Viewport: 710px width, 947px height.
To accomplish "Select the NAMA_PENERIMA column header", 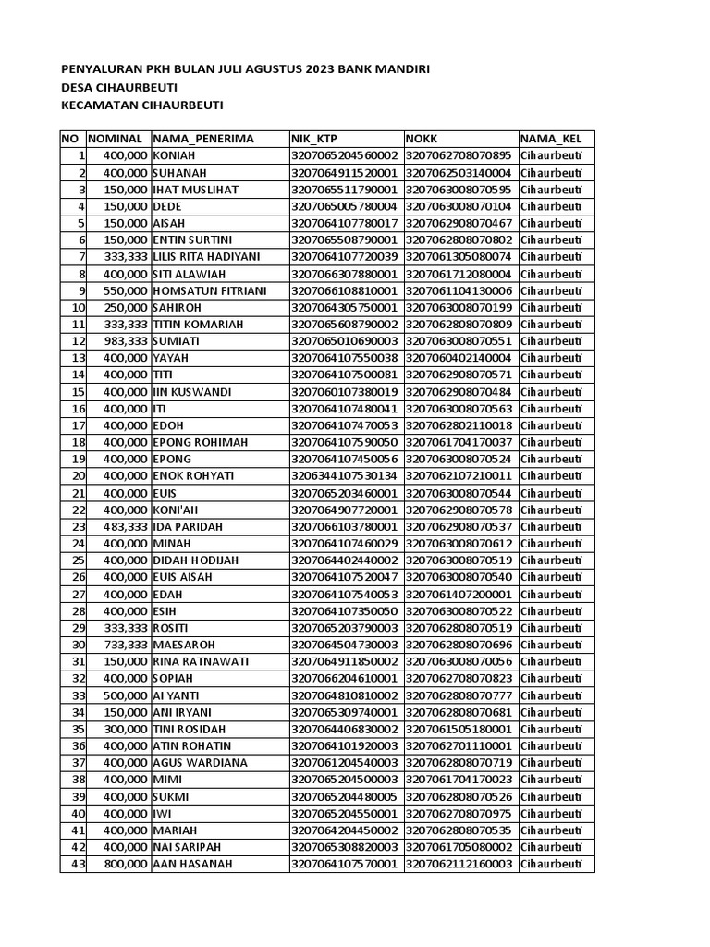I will coord(203,139).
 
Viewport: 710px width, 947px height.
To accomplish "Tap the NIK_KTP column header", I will coord(314,139).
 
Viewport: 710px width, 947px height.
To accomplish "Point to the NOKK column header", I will coord(422,139).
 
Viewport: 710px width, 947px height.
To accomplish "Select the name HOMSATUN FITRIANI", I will coord(210,290).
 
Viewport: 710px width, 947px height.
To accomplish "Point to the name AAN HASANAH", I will coord(192,864).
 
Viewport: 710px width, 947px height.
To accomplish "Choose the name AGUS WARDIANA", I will coord(201,763).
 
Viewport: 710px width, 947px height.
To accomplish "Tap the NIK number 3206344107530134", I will coord(345,476).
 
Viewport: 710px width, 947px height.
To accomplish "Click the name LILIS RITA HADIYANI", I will coord(207,256).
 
